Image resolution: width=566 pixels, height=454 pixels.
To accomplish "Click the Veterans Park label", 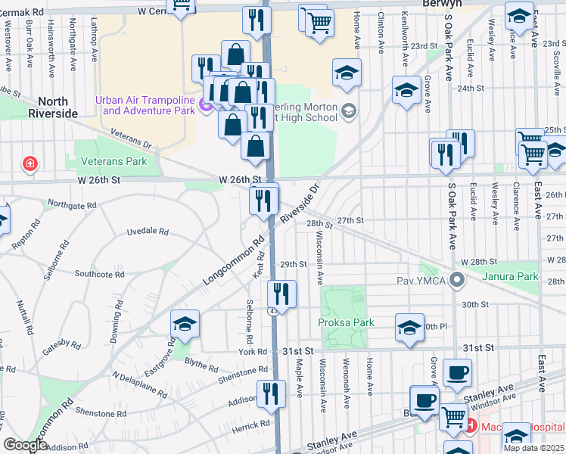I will pyautogui.click(x=114, y=161).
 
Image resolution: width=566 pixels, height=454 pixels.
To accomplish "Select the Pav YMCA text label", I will pyautogui.click(x=421, y=281).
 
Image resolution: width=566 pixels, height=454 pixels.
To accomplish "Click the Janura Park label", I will pyautogui.click(x=514, y=276).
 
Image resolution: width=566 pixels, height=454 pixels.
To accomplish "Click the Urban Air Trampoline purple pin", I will pyautogui.click(x=207, y=106).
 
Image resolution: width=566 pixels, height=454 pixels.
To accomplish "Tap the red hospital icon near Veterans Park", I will pyautogui.click(x=30, y=163).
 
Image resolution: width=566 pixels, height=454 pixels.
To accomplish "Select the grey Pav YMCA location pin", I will pyautogui.click(x=456, y=281).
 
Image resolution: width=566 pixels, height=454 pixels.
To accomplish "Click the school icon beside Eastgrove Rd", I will pyautogui.click(x=185, y=324).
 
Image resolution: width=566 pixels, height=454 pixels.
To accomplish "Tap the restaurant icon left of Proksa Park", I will pyautogui.click(x=282, y=294).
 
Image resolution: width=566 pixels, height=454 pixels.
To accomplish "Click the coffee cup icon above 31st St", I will pyautogui.click(x=457, y=373).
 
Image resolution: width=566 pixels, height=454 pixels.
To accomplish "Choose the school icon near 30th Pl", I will pyautogui.click(x=409, y=328).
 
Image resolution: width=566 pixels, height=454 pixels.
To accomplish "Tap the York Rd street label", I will pyautogui.click(x=253, y=351).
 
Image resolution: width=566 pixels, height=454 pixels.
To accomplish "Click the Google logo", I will pyautogui.click(x=26, y=446).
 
